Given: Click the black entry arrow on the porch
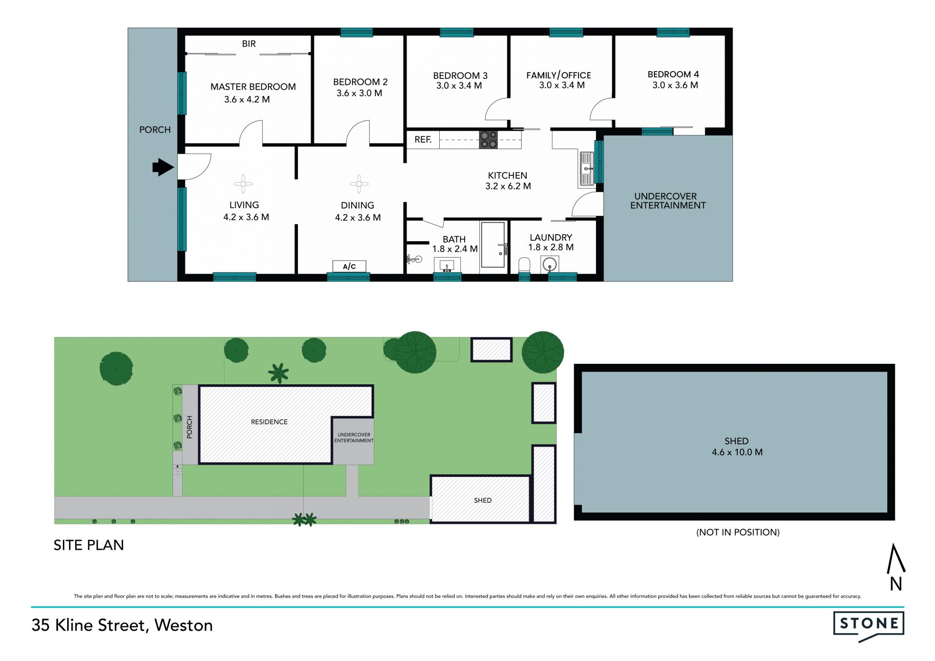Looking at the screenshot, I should (x=163, y=167).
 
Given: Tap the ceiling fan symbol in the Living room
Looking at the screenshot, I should (x=243, y=184).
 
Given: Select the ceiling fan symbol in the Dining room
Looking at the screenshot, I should (x=359, y=184).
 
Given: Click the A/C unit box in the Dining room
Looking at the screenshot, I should (x=349, y=266).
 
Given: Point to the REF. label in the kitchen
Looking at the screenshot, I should (x=423, y=140).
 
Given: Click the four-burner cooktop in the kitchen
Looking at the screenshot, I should (x=488, y=140).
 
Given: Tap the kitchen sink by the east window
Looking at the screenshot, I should (x=586, y=169).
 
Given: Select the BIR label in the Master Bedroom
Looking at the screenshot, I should (x=249, y=44).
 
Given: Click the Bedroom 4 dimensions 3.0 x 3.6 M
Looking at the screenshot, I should (x=675, y=85).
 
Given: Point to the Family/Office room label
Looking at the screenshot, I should (x=559, y=75).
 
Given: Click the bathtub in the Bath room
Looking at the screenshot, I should (x=493, y=245).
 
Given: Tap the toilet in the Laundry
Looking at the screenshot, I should (x=524, y=265).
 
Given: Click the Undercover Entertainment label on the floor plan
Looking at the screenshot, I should (x=668, y=201).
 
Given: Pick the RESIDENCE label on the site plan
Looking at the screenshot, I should (x=269, y=422).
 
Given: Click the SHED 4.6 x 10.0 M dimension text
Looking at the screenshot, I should (x=737, y=452).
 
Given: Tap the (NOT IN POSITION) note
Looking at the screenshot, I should (x=738, y=532).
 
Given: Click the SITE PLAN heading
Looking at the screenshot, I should (x=89, y=545).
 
